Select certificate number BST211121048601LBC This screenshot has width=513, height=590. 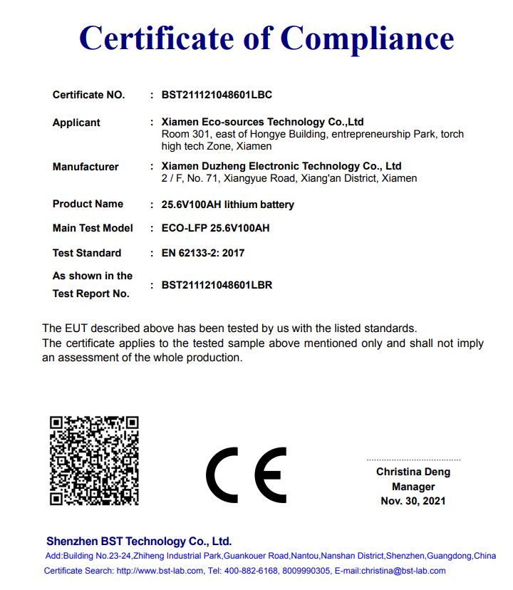pyautogui.click(x=217, y=95)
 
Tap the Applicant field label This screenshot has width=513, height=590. pyautogui.click(x=76, y=123)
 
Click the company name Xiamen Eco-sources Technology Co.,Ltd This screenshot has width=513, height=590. pyautogui.click(x=263, y=122)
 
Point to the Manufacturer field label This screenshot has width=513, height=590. pyautogui.click(x=85, y=167)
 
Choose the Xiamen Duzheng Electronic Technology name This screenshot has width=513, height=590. pyautogui.click(x=281, y=166)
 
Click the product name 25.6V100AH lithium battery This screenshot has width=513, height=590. pyautogui.click(x=227, y=205)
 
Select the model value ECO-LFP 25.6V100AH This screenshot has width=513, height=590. pyautogui.click(x=215, y=229)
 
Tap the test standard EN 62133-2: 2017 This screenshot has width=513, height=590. pyautogui.click(x=203, y=253)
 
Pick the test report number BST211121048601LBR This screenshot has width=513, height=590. pyautogui.click(x=217, y=285)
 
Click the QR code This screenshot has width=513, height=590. pyautogui.click(x=93, y=460)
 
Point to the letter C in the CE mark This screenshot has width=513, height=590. pyautogui.click(x=222, y=475)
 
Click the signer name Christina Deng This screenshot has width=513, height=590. pyautogui.click(x=413, y=472)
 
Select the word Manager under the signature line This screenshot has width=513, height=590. pyautogui.click(x=413, y=487)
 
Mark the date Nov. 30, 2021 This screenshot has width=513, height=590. pyautogui.click(x=413, y=501)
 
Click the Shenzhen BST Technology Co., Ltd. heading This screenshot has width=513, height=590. pyautogui.click(x=139, y=542)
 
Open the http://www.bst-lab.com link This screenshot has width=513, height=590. pyautogui.click(x=160, y=571)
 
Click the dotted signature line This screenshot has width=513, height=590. pyautogui.click(x=413, y=460)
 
